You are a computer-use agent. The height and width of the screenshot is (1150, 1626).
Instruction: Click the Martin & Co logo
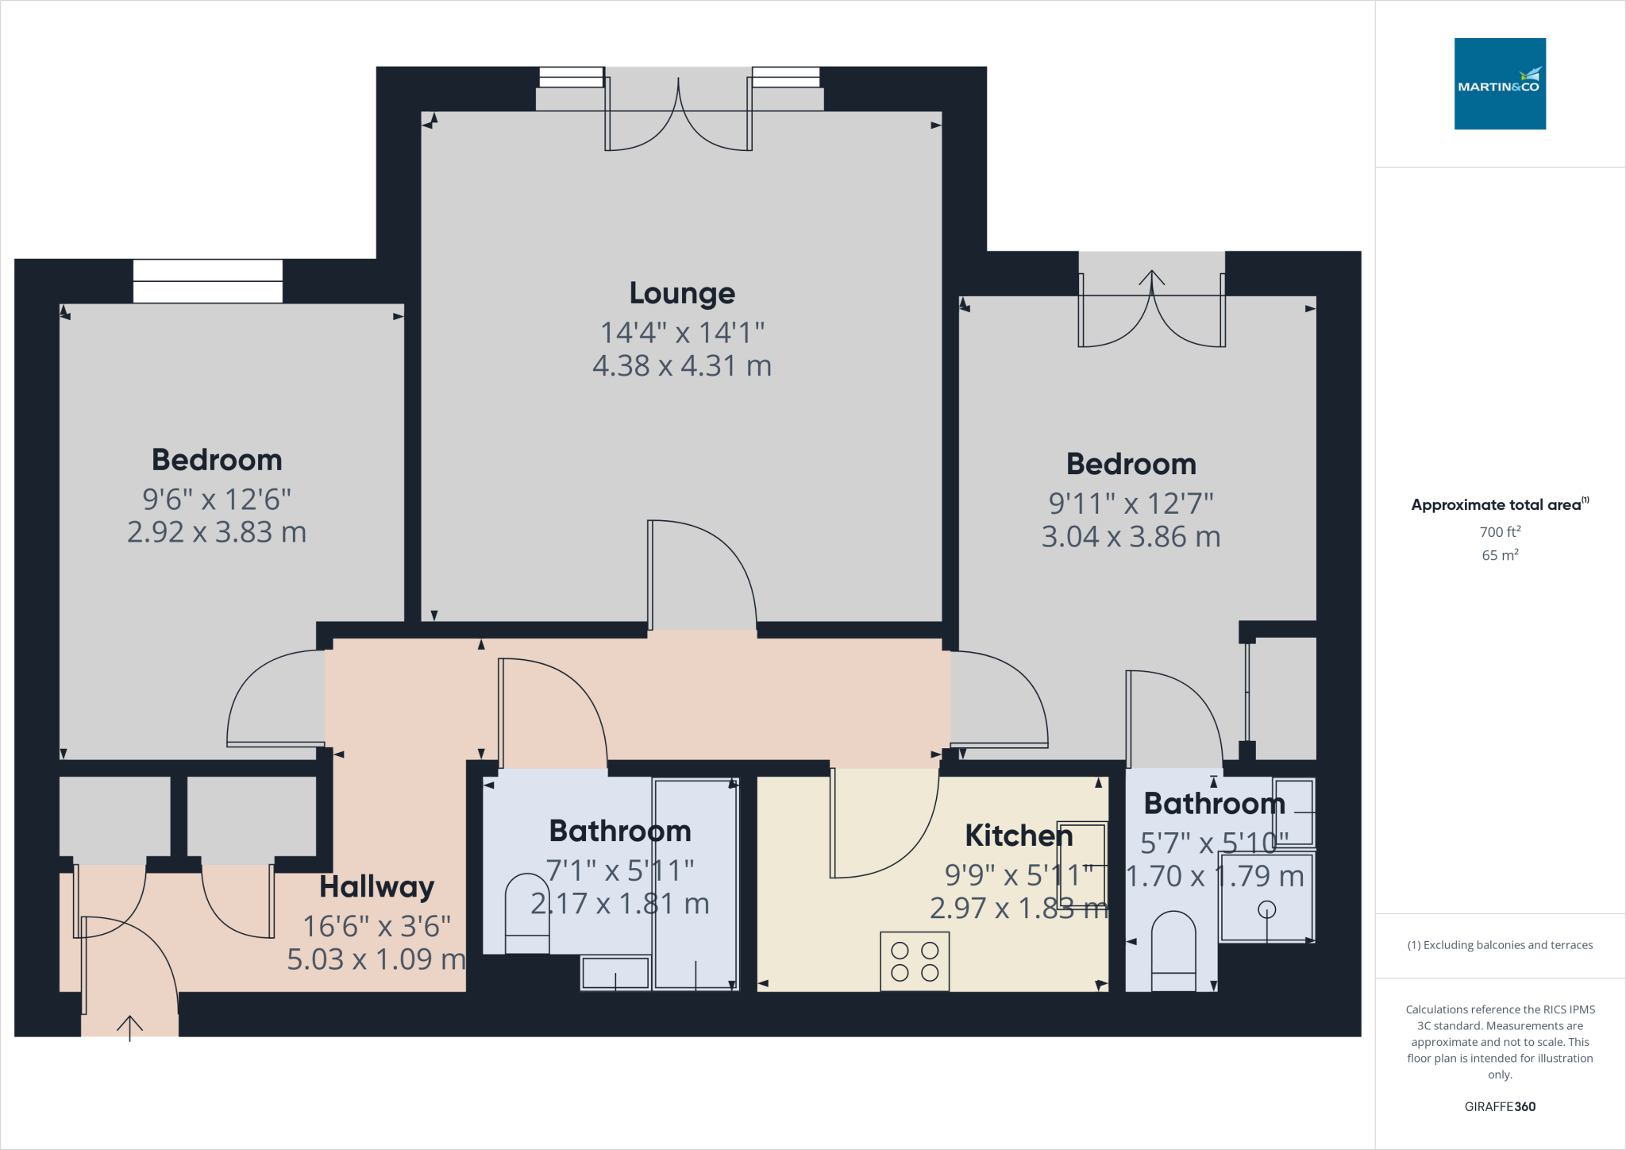pos(1499,83)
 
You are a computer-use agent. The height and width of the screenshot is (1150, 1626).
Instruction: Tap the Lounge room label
pos(682,293)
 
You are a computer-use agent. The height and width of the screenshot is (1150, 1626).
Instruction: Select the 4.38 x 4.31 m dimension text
pos(682,366)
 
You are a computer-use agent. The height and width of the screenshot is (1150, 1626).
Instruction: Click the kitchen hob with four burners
pos(914,961)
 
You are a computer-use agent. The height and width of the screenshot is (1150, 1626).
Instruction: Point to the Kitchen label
pos(1018,835)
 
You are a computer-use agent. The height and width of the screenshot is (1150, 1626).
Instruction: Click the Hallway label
pos(376,886)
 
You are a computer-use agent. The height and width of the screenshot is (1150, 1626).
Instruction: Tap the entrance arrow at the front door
pos(129,1027)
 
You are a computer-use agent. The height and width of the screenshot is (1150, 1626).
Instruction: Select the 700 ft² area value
pos(1499,531)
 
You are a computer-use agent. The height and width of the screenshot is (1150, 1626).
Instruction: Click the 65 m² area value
pos(1499,555)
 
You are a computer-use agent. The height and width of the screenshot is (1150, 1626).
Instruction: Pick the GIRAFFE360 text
pos(1499,1106)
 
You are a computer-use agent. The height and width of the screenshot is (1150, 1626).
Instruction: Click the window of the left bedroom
pos(207,281)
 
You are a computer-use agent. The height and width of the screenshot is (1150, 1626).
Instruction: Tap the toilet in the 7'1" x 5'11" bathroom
pos(527,913)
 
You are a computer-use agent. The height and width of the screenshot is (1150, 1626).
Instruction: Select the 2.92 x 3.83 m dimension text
pos(217,532)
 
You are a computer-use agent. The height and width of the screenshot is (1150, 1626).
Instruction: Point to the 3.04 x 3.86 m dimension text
pos(1131,537)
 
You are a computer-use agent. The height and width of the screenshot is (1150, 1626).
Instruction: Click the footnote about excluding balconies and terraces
pos(1499,945)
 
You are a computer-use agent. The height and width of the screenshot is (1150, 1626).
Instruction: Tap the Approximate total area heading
pos(1497,504)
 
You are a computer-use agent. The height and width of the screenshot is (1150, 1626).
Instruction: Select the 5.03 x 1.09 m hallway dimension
pos(376,959)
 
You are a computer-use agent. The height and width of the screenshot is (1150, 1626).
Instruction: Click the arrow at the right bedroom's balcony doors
pos(1151,278)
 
